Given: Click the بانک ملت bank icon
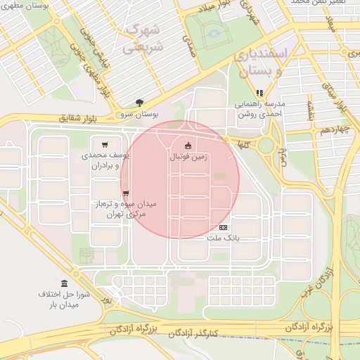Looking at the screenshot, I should [224, 227].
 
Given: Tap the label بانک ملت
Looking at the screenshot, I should [224, 238].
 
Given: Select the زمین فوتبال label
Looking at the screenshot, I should [188, 157].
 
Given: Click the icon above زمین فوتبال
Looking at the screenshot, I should [187, 146].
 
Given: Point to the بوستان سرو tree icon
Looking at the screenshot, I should [139, 102].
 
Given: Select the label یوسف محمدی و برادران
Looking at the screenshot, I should [105, 160].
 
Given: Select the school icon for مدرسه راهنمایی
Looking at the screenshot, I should [259, 92].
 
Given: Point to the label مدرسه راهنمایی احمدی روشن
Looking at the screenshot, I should [259, 108].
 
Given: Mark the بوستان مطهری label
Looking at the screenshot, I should [23, 6].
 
